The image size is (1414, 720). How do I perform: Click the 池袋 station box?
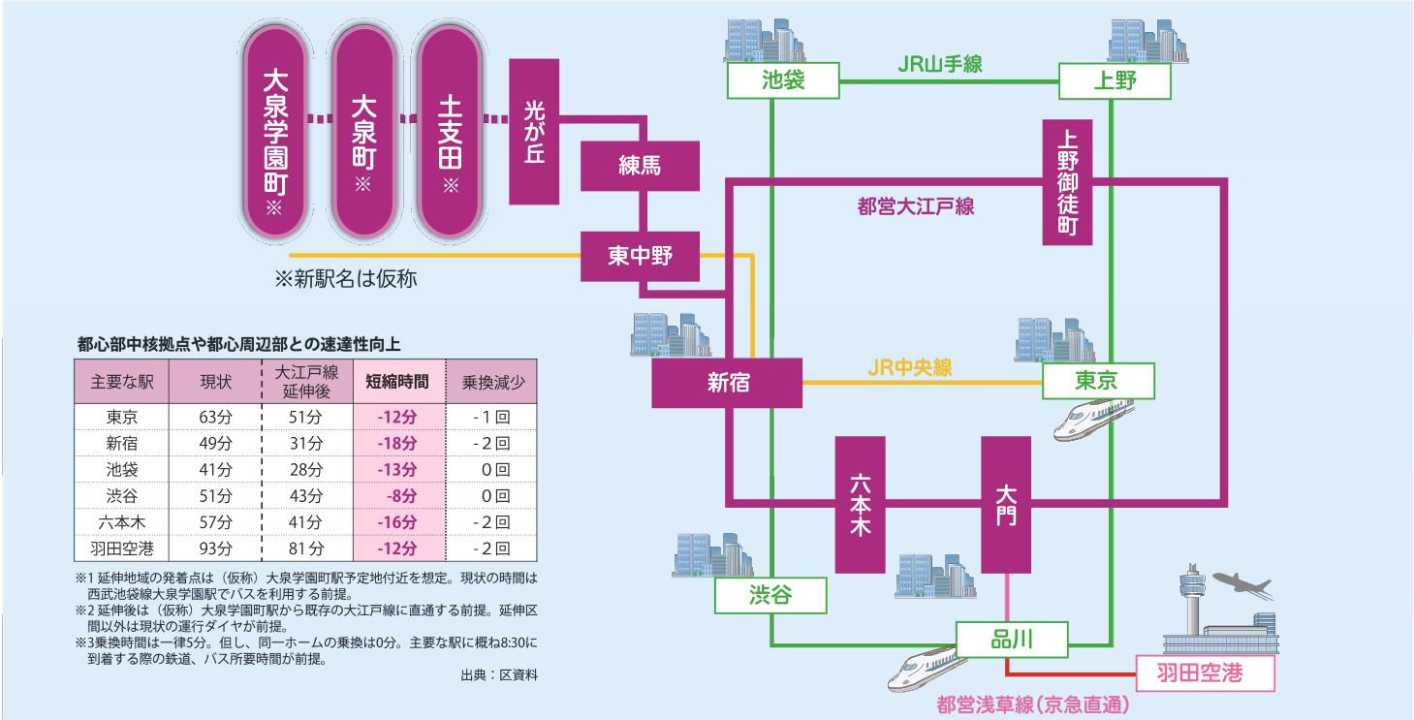[x=783, y=80]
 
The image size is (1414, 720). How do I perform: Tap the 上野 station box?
[x=1115, y=81]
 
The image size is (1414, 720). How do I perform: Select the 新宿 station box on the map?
[x=727, y=382]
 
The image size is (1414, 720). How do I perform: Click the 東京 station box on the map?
[x=1098, y=381]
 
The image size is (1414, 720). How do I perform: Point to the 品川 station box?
[x=1012, y=639]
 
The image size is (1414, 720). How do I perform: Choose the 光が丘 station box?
[x=534, y=131]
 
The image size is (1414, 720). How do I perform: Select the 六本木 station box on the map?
[x=860, y=504]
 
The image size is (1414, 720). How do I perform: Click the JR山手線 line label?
[x=939, y=65]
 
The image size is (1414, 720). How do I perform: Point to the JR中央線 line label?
[x=909, y=367]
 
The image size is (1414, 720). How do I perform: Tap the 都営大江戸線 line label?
[x=916, y=206]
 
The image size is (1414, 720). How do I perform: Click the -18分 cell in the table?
[x=397, y=443]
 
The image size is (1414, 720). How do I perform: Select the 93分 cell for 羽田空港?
[x=215, y=548]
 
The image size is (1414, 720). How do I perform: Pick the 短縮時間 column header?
[x=397, y=382]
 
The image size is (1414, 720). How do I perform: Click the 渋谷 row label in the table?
[x=122, y=495]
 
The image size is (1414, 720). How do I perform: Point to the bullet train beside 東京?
[x=1093, y=422]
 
